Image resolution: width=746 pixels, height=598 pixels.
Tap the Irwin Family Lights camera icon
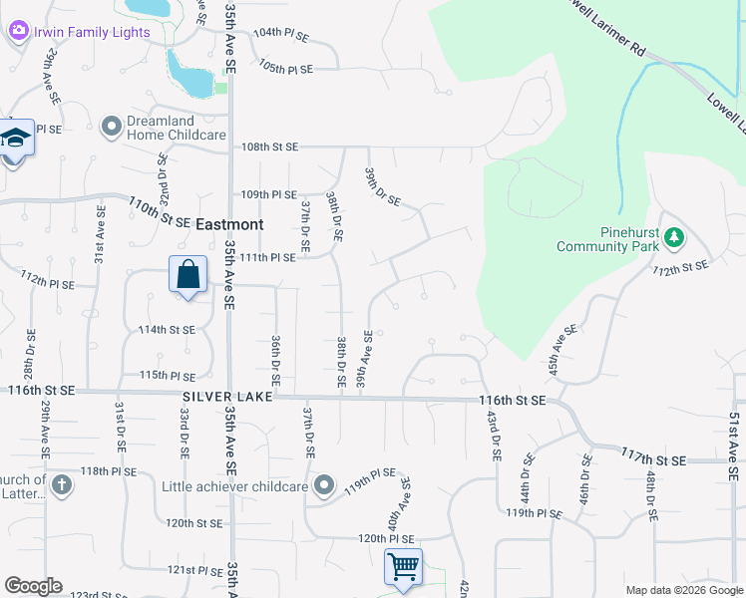[18, 32]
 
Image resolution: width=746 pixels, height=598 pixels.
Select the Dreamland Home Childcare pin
[112, 126]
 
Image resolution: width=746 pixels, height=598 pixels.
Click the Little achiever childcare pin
[323, 486]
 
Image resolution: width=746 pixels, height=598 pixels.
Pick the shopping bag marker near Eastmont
[187, 274]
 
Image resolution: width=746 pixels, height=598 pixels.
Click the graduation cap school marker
[16, 139]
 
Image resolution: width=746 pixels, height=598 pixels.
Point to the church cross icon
[62, 485]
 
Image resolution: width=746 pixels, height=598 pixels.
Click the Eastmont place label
[229, 225]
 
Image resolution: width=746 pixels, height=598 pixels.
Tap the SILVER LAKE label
[224, 397]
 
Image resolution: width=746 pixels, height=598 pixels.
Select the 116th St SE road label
[512, 400]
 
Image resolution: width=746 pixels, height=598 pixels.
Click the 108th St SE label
[270, 147]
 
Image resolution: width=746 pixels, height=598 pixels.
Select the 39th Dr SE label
[383, 185]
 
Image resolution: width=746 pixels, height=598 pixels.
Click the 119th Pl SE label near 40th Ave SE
[370, 473]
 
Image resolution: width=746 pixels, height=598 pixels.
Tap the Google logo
[32, 586]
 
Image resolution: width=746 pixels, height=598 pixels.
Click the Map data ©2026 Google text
[683, 590]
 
